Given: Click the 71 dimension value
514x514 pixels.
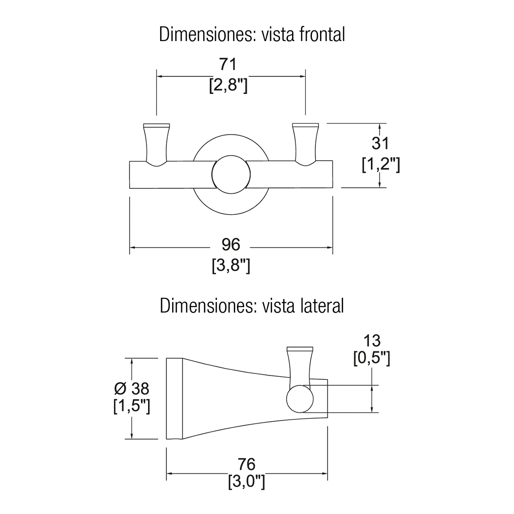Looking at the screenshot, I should (228, 65).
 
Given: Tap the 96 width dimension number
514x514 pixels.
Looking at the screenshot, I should (231, 245).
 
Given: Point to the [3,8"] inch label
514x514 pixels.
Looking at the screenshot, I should (231, 266).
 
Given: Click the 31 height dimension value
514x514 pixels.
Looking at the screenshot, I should (380, 143).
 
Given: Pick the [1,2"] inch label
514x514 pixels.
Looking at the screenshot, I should (380, 164).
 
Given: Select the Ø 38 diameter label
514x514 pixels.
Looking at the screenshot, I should (132, 388).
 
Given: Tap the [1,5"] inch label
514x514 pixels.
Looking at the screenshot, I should (131, 406).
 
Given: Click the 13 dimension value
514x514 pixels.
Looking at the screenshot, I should (371, 341).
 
